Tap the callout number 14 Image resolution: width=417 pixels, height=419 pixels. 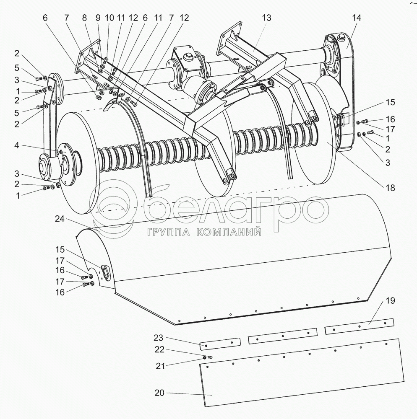[x=357, y=18]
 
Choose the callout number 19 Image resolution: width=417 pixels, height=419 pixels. [x=390, y=301]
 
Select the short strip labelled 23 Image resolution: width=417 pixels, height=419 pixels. [x=219, y=343]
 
